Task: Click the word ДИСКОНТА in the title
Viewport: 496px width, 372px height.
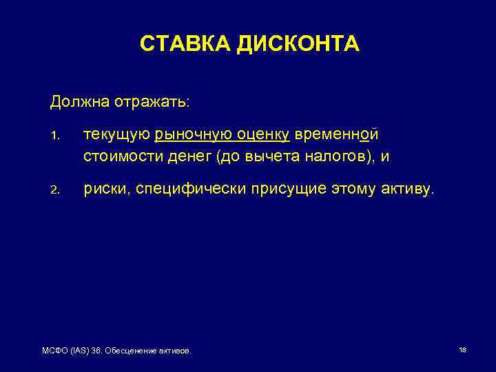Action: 298,44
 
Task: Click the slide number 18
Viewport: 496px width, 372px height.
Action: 463,351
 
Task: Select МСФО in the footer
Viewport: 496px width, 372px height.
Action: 54,352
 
